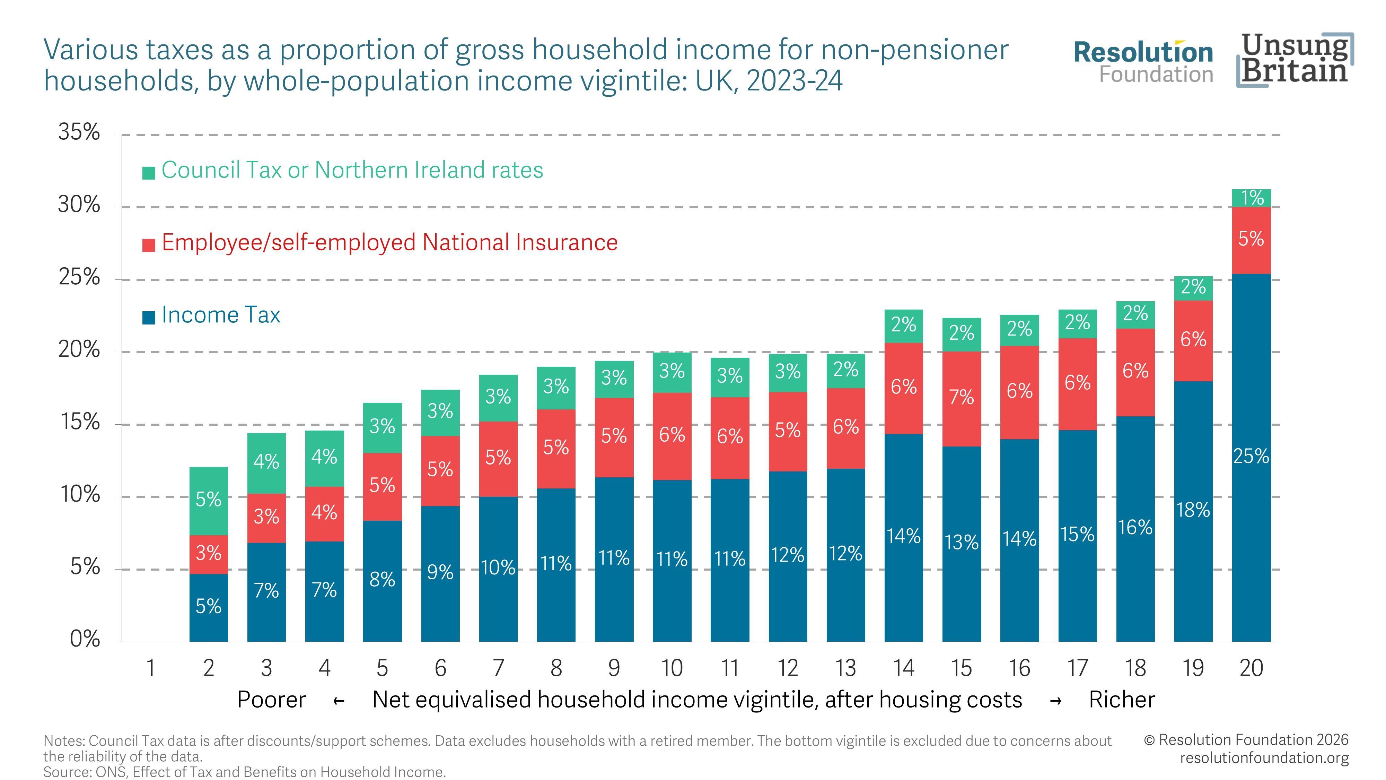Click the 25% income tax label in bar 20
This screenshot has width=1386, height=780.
pos(1251,457)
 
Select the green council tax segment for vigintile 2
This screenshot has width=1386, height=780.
pos(208,501)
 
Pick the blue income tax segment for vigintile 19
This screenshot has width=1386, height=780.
pos(1193,511)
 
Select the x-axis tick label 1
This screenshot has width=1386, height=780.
pos(151,668)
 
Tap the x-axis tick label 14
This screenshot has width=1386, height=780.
pos(903,668)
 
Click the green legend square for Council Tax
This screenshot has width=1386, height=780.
pos(149,173)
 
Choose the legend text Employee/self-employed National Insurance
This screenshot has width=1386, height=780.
pos(389,243)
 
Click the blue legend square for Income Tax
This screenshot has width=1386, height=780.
pos(149,318)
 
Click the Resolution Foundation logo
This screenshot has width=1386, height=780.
pos(1144,62)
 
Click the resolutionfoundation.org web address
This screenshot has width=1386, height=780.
pos(1264,758)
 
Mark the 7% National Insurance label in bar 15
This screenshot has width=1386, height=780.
pos(962,397)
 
